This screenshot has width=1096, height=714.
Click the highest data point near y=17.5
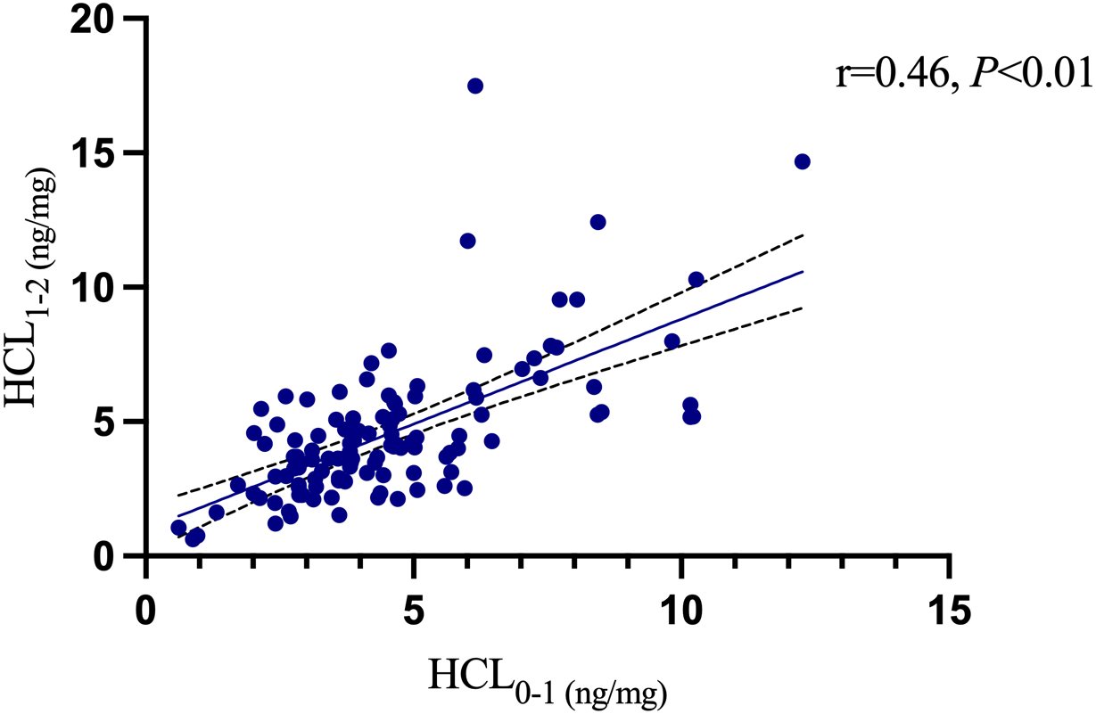[x=475, y=86]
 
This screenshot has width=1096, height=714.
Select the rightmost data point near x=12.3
[x=802, y=161]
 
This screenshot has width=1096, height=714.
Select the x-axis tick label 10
[x=681, y=614]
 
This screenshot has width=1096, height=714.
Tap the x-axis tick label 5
[x=414, y=614]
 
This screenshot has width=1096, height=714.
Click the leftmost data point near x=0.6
[x=178, y=528]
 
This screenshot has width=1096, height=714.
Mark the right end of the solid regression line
[x=803, y=272]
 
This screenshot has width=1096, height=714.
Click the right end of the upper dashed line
[x=803, y=235]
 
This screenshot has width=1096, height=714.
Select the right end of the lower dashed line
[x=803, y=308]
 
